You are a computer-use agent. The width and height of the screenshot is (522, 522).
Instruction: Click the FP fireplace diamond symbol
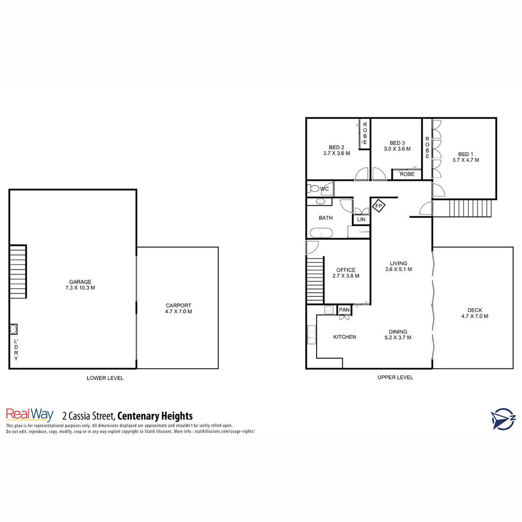pyautogui.click(x=379, y=206)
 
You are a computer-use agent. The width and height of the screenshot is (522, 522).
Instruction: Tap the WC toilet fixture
pyautogui.click(x=314, y=188)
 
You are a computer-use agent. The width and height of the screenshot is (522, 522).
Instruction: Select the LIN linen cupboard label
pyautogui.click(x=361, y=219)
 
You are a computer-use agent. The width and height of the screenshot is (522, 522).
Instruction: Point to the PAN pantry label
pyautogui.click(x=344, y=310)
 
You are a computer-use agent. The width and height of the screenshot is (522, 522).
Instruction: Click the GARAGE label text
pyautogui.click(x=80, y=282)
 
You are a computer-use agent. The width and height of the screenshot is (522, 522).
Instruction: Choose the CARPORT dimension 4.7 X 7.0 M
pyautogui.click(x=178, y=312)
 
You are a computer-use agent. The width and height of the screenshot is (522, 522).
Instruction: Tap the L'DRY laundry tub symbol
pyautogui.click(x=14, y=329)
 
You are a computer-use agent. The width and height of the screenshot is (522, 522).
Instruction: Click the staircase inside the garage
pyautogui.click(x=18, y=271)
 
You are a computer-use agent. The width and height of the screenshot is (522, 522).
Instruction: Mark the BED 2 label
pyautogui.click(x=336, y=147)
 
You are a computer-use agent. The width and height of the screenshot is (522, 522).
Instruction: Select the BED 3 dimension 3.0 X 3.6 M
pyautogui.click(x=397, y=149)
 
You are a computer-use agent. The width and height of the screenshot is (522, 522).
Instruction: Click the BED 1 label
pyautogui.click(x=465, y=154)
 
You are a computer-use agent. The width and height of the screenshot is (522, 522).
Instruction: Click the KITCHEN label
pyautogui.click(x=345, y=337)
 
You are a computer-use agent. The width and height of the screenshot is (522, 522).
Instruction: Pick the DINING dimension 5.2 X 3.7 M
pyautogui.click(x=398, y=338)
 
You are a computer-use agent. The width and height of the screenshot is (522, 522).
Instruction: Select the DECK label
pyautogui.click(x=474, y=310)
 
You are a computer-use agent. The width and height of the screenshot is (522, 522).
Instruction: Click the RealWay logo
pyautogui.click(x=29, y=415)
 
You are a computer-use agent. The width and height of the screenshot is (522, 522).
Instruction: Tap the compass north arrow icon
pyautogui.click(x=503, y=419)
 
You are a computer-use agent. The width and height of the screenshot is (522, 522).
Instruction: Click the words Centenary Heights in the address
pyautogui.click(x=155, y=416)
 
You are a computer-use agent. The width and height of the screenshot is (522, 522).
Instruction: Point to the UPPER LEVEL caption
pyautogui.click(x=395, y=377)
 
